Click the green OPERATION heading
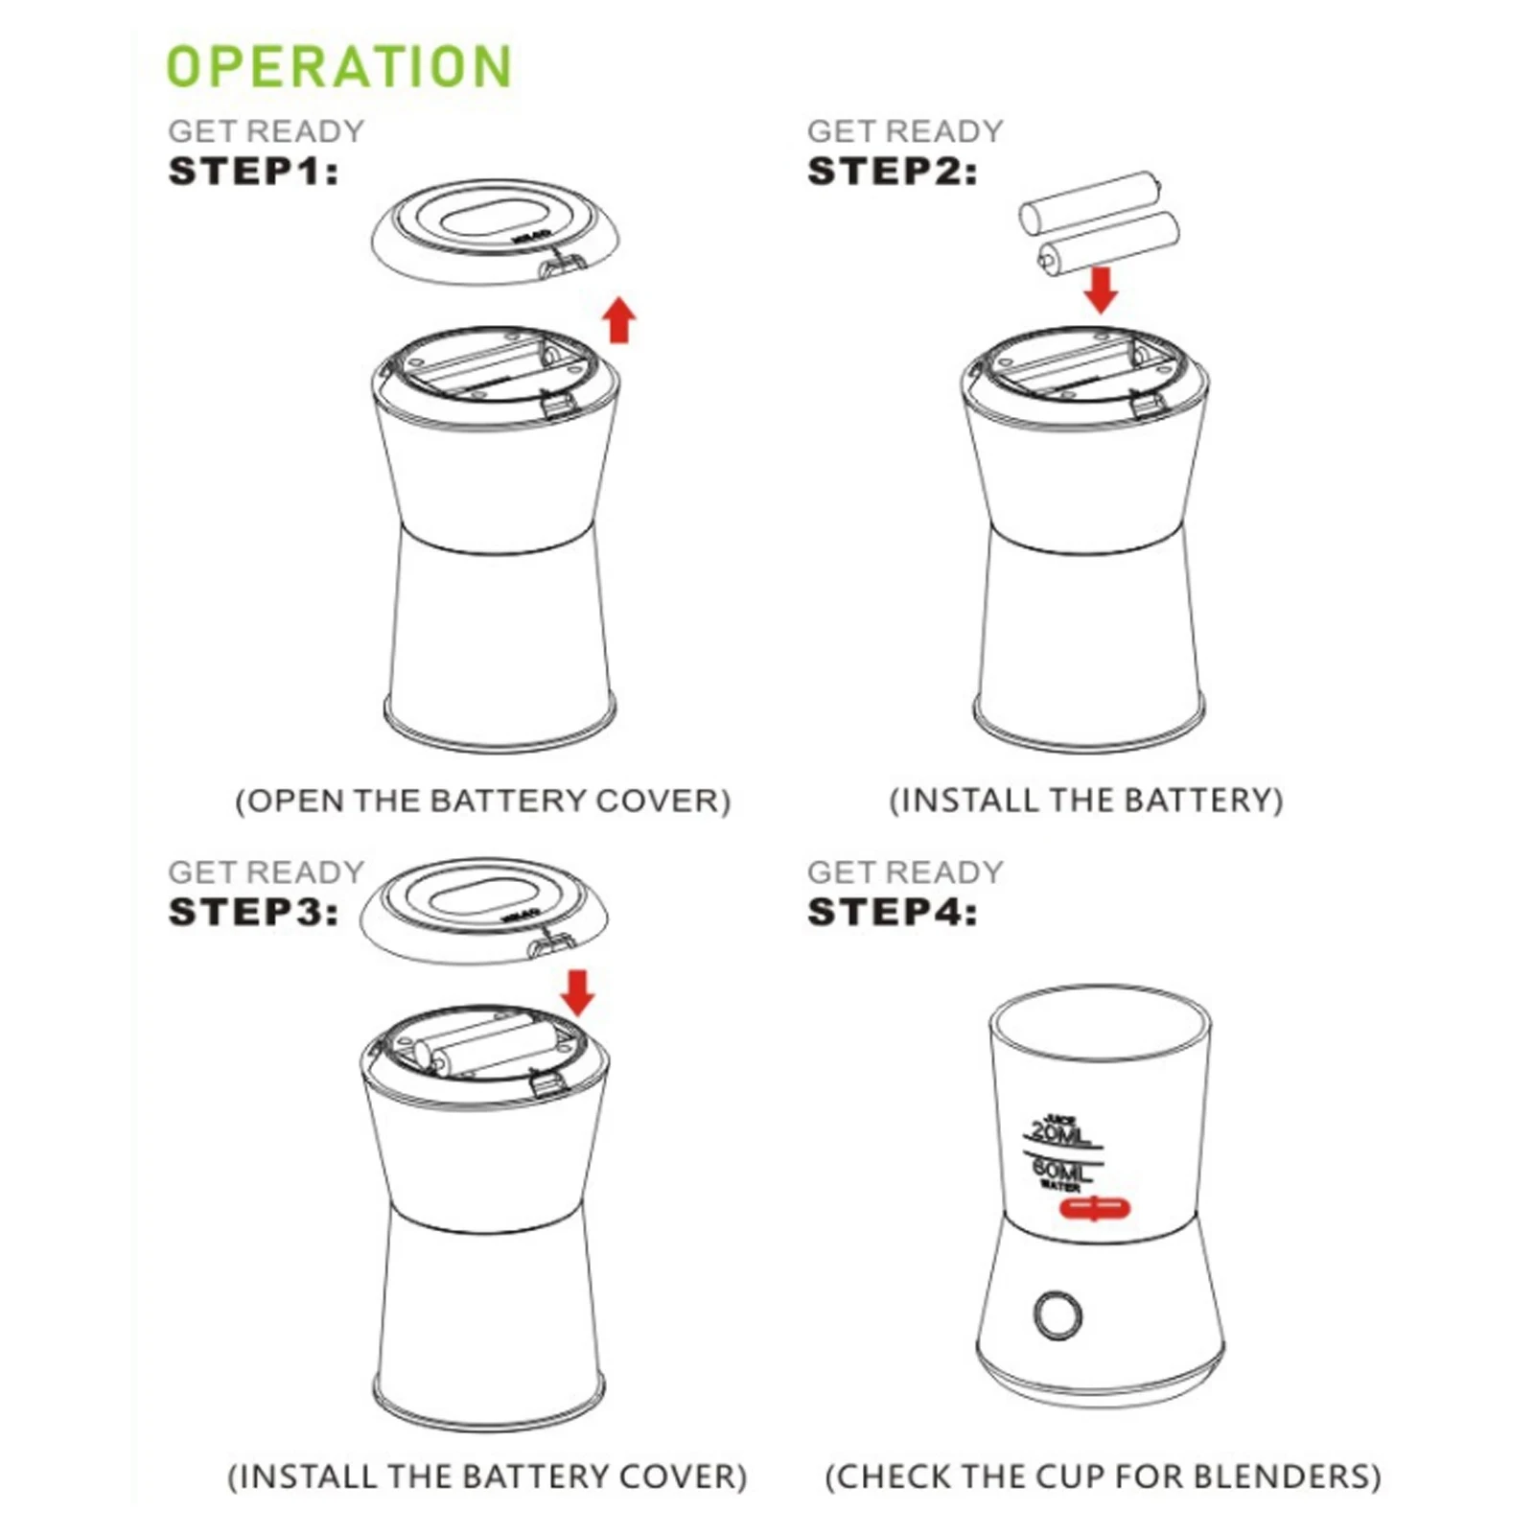coord(339,66)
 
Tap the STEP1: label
coord(253,172)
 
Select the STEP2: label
coord(892,172)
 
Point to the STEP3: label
coord(253,912)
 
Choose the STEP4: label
coord(892,912)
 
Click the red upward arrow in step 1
coord(620,319)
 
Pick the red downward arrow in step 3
coord(577,992)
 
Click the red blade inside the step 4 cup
coord(1095,1208)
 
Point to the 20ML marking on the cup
coord(1060,1134)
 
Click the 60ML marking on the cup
coord(1062,1171)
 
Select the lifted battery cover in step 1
coord(496,231)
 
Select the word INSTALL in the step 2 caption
coord(969,801)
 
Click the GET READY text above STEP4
coord(905,872)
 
